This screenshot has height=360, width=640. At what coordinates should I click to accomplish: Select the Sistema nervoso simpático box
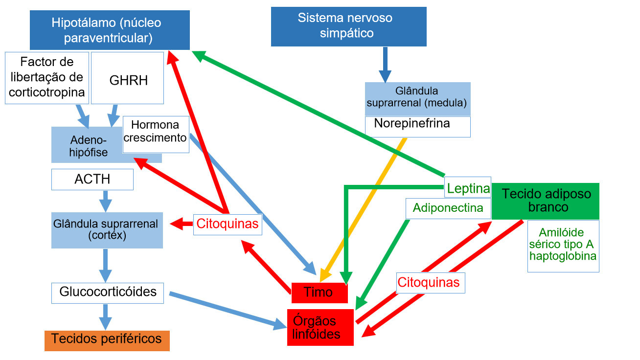(x=348, y=26)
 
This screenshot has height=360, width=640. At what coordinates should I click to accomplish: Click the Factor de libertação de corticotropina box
(x=47, y=78)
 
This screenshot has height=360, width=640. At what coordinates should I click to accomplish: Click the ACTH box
(x=92, y=180)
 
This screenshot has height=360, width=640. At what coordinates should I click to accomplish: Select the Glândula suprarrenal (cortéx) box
(x=107, y=230)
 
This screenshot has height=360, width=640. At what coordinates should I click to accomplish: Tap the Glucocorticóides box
(x=108, y=292)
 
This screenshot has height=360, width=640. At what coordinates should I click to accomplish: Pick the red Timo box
(x=319, y=292)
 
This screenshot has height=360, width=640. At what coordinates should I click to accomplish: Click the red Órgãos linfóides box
(x=320, y=327)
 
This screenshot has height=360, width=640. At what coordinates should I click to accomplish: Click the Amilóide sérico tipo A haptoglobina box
(x=563, y=246)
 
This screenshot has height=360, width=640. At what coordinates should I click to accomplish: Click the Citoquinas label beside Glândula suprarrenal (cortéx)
(x=227, y=225)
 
